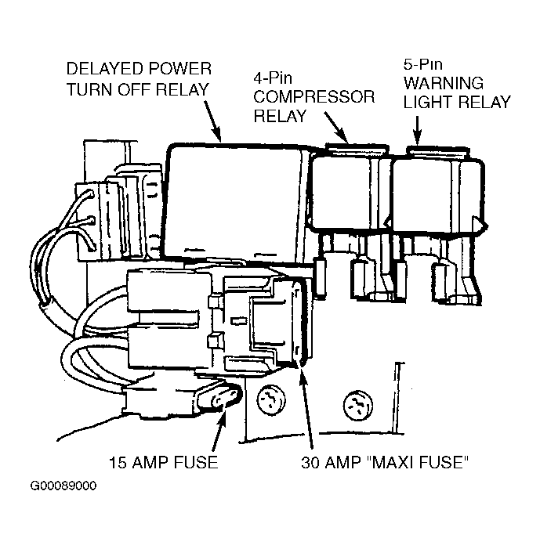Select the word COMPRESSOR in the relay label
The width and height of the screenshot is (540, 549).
[x=314, y=97]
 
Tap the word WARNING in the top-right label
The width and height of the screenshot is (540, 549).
[x=444, y=83]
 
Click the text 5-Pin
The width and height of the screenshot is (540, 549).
[x=423, y=64]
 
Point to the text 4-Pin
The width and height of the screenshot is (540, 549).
[x=273, y=78]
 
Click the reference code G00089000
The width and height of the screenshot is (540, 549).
[x=63, y=486]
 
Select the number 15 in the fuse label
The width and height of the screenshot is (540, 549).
[x=118, y=463]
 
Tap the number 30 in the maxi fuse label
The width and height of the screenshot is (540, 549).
[x=310, y=463]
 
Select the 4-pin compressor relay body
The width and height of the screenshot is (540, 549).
[x=345, y=193]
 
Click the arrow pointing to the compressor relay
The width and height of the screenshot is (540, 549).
[x=336, y=128]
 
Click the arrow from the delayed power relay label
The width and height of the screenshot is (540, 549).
[x=212, y=121]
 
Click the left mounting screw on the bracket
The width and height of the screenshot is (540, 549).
[x=271, y=399]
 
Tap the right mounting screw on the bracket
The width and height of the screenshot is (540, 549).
[x=357, y=406]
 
